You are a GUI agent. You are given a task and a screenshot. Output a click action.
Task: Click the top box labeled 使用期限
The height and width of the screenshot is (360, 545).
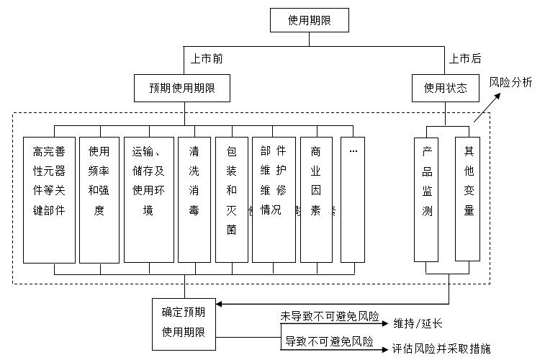pyautogui.click(x=309, y=20)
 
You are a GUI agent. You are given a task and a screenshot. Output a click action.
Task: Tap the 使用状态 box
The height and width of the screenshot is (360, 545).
pyautogui.click(x=445, y=89)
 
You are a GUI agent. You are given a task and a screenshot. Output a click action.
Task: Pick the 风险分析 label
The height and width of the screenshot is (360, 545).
pyautogui.click(x=510, y=82)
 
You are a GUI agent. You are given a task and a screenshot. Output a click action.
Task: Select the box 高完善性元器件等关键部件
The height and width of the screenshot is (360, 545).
pyautogui.click(x=49, y=199)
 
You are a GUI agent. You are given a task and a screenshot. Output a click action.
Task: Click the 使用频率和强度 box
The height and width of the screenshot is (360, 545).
pyautogui.click(x=99, y=199)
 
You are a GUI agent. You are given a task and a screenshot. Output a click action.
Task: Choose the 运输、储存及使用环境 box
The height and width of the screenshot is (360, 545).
pyautogui.click(x=148, y=199)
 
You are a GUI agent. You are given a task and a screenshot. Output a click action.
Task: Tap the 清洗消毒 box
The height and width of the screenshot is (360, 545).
pyautogui.click(x=194, y=199)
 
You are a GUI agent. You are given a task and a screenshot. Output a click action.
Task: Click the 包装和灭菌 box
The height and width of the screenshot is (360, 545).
pyautogui.click(x=231, y=199)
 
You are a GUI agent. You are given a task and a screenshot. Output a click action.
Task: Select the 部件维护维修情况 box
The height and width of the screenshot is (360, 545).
pyautogui.click(x=274, y=199)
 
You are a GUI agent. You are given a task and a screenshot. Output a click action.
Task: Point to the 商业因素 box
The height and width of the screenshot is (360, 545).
pyautogui.click(x=316, y=199)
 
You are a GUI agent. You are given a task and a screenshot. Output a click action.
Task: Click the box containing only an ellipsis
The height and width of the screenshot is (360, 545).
pyautogui.click(x=353, y=199)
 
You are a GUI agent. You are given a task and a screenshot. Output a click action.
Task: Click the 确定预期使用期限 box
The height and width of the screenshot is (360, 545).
pyautogui.click(x=184, y=323)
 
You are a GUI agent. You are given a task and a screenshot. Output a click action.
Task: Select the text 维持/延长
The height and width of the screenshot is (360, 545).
pyautogui.click(x=418, y=323)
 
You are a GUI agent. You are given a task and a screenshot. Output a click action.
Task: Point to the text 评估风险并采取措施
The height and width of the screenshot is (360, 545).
pyautogui.click(x=441, y=348)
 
